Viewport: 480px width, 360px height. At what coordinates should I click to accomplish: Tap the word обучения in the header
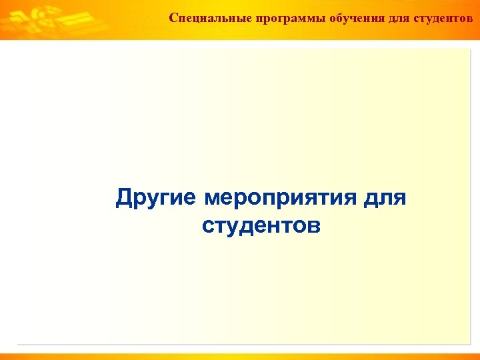click(354, 18)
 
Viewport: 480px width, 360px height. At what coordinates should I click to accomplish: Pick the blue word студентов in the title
click(261, 226)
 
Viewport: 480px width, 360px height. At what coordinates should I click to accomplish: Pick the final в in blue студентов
click(314, 227)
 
